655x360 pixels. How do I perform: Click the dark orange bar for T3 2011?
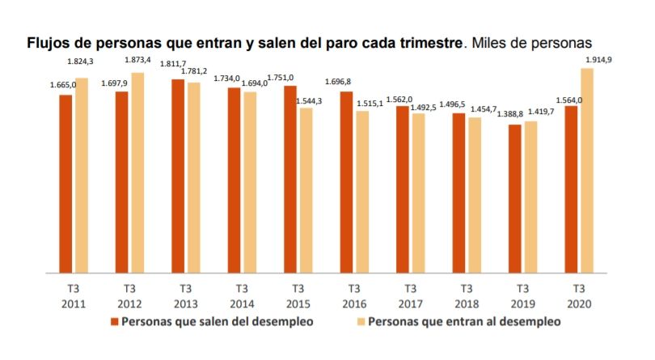click(65, 184)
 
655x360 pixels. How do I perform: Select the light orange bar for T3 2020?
click(588, 171)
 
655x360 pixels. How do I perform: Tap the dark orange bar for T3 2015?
click(290, 180)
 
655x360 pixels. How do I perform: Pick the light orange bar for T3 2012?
click(137, 173)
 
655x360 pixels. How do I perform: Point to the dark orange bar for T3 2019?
click(514, 199)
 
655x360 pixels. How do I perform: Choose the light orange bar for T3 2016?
click(362, 192)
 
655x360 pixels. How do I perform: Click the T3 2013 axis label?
click(185, 296)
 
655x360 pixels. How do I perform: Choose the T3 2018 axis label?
click(467, 296)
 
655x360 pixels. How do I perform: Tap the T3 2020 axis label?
click(579, 296)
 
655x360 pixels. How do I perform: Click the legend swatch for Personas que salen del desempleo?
click(115, 321)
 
